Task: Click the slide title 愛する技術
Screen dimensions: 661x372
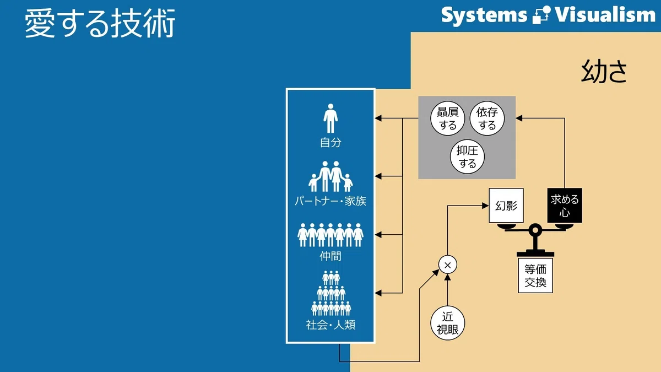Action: click(100, 23)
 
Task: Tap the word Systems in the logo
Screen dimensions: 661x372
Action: click(484, 15)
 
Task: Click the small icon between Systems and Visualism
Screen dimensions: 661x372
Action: click(541, 15)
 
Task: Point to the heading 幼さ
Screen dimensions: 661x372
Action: click(604, 71)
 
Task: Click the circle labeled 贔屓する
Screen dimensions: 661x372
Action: click(448, 118)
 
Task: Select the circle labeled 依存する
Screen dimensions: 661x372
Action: click(487, 118)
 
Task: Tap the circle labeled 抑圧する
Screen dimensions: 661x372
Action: click(467, 157)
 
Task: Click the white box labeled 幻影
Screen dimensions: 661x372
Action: click(506, 206)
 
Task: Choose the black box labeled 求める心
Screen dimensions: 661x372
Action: click(565, 206)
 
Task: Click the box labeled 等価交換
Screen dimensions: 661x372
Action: click(535, 276)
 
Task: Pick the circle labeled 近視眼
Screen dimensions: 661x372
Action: click(448, 323)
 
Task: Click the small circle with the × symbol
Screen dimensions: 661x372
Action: click(448, 265)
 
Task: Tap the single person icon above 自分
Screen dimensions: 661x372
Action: click(330, 118)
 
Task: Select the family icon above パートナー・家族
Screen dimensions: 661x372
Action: click(330, 176)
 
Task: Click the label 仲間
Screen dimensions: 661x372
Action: click(330, 256)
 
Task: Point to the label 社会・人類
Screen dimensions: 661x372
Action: click(330, 325)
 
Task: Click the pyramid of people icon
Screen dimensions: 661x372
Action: click(331, 293)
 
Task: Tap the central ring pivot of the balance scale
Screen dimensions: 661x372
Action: click(535, 230)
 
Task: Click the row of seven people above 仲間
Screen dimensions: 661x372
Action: click(330, 235)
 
